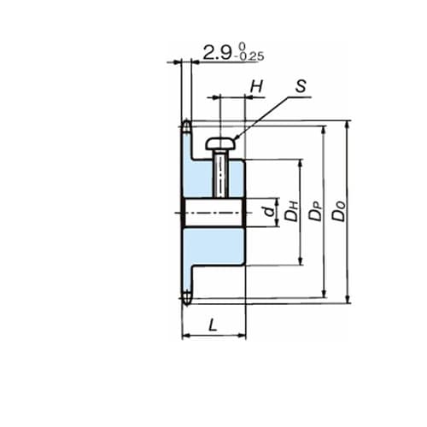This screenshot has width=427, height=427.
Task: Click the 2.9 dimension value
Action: [217, 53]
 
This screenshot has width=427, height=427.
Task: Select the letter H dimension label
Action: [256, 86]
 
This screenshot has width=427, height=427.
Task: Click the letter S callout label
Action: [301, 86]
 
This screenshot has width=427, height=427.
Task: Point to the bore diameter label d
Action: [270, 211]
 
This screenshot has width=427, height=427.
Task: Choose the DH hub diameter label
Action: [292, 211]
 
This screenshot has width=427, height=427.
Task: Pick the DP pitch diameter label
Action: [316, 211]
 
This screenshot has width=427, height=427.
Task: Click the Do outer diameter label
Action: [339, 211]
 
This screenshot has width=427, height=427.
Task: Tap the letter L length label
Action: [213, 325]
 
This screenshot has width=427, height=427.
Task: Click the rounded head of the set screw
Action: [221, 143]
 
